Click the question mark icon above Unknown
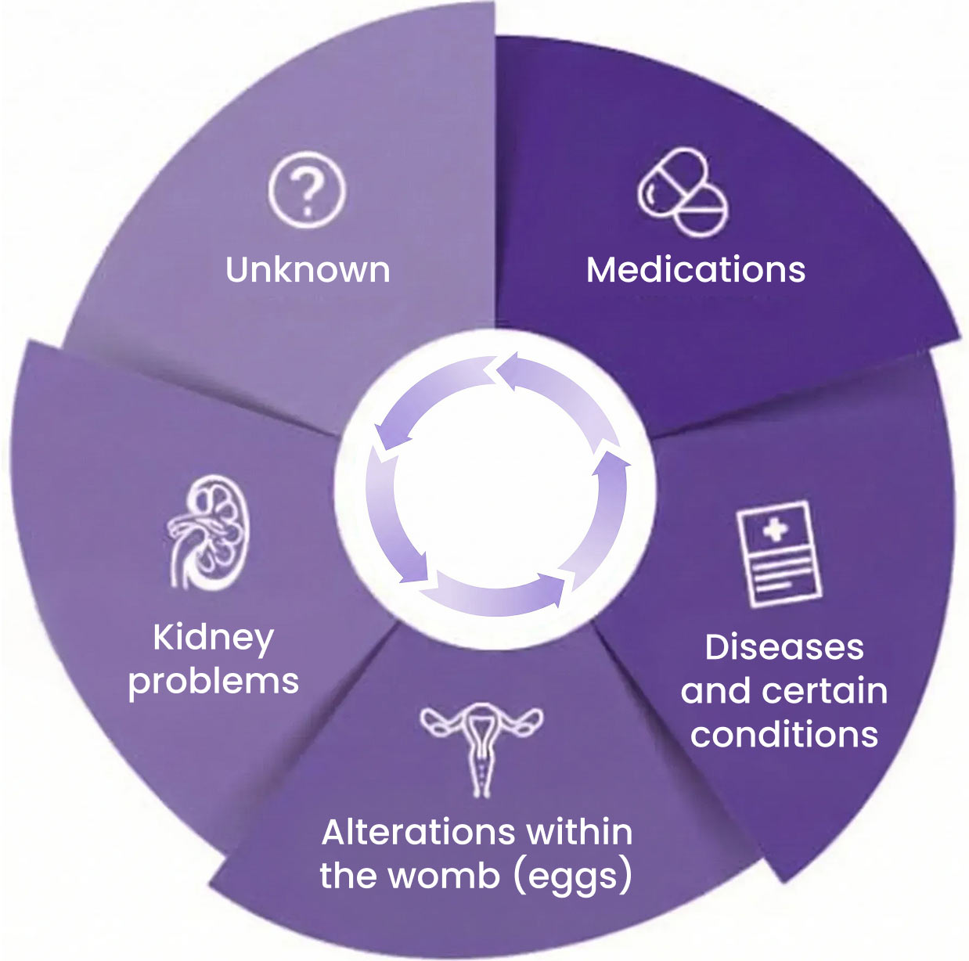tap(306, 189)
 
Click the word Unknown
tap(308, 270)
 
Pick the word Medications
tap(696, 270)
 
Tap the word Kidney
tap(213, 639)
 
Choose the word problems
tap(214, 681)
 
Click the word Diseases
tap(784, 647)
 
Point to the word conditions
tap(784, 734)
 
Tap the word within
tap(580, 832)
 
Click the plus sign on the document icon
tap(775, 530)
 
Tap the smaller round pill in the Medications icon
tap(702, 211)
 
